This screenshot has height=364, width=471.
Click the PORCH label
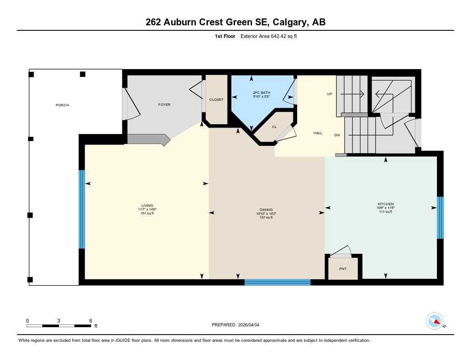pyautogui.click(x=62, y=105)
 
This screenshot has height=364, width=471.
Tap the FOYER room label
pyautogui.click(x=164, y=104)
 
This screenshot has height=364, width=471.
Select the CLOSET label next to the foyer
pyautogui.click(x=216, y=100)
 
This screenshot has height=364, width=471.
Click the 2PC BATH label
pyautogui.click(x=260, y=93)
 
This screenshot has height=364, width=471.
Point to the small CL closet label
pyautogui.click(x=274, y=127)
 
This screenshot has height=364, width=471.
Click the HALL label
pyautogui.click(x=318, y=133)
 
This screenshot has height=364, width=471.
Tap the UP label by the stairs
pyautogui.click(x=329, y=94)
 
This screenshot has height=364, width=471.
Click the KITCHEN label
pyautogui.click(x=385, y=204)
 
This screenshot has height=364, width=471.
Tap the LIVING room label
pyautogui.click(x=147, y=205)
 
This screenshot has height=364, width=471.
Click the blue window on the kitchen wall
pyautogui.click(x=440, y=218)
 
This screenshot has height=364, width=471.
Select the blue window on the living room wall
pyautogui.click(x=82, y=209)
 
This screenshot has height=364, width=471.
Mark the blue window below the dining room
pyautogui.click(x=277, y=282)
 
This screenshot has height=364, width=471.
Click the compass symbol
pyautogui.click(x=435, y=321)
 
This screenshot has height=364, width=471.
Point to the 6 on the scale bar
pyautogui.click(x=91, y=321)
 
